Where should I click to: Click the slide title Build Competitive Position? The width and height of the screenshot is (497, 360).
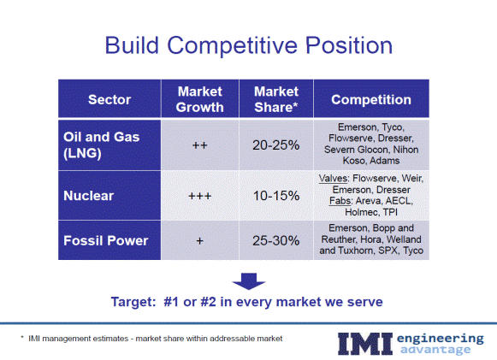tap(248, 45)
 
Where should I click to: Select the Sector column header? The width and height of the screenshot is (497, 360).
tap(109, 99)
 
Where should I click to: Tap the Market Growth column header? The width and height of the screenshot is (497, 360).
tap(199, 99)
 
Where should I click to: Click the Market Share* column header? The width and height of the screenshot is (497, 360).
tap(276, 99)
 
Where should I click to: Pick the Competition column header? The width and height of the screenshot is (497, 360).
tap(371, 99)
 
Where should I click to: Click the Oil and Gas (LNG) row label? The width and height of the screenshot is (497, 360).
tap(102, 145)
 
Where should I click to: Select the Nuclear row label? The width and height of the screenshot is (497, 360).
tap(88, 196)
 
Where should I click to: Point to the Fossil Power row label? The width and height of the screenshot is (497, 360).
tap(106, 240)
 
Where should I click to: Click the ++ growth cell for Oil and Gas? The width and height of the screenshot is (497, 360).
tap(199, 145)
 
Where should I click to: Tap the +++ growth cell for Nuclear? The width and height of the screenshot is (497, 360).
tap(199, 196)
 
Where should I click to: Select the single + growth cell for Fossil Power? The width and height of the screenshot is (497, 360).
tap(199, 241)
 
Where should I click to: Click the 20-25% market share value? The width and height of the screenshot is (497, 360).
tap(276, 145)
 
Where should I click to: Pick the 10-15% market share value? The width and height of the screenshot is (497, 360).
tap(276, 196)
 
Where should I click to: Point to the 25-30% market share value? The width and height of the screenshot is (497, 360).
tap(276, 241)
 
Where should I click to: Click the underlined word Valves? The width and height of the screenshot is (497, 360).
tap(333, 179)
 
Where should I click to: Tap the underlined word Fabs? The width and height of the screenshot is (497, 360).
tap(340, 201)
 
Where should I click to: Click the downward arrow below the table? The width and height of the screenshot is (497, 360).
tap(248, 281)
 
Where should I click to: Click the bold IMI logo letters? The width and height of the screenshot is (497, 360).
tap(364, 344)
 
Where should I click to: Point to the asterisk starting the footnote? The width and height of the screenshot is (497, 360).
tap(22, 337)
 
